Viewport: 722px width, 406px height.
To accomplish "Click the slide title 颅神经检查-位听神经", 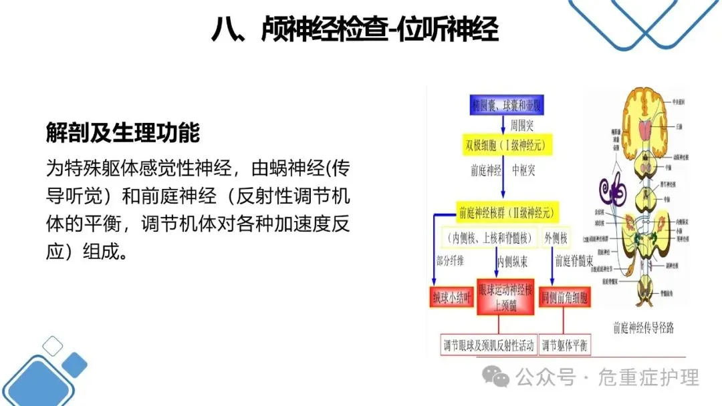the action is pos(354,30).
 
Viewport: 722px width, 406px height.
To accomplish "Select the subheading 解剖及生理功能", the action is pos(123,132).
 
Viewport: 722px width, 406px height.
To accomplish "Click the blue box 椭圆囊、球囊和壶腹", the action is pos(503,105).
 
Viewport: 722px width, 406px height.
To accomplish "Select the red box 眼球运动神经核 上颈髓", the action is pos(505,297).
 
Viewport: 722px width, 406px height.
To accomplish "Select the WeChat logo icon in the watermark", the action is pos(497,378).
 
